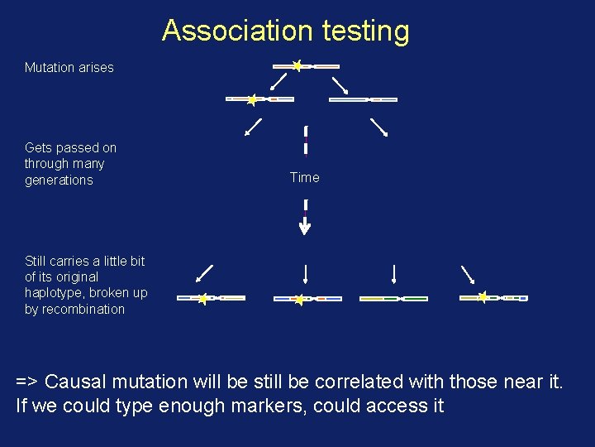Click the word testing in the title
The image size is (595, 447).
click(365, 31)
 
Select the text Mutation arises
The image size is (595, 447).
click(69, 67)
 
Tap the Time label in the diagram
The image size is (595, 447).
click(304, 177)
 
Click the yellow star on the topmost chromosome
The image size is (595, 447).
click(297, 65)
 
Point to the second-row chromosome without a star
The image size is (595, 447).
click(363, 99)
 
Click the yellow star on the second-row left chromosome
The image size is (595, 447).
click(252, 99)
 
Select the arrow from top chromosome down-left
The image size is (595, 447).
click(279, 81)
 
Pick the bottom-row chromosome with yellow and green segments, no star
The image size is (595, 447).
click(393, 298)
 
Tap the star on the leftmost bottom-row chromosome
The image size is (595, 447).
click(202, 298)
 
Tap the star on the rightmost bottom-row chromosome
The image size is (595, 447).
click(483, 297)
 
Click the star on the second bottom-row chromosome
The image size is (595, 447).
click(299, 299)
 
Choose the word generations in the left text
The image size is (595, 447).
click(59, 180)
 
